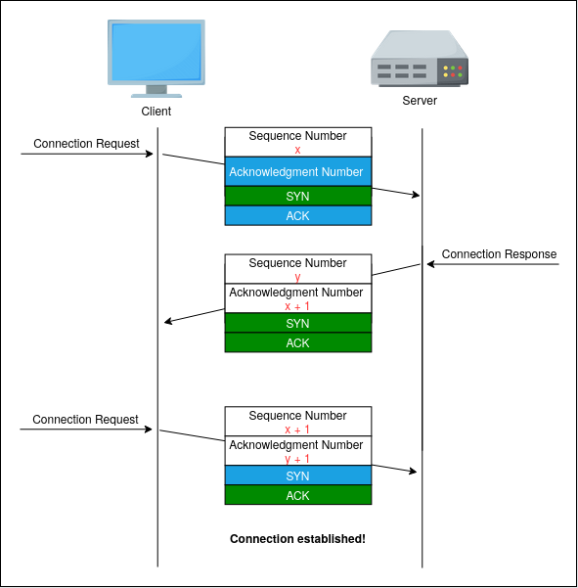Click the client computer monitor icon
pos(156,59)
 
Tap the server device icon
pos(420,59)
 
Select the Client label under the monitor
pos(156,111)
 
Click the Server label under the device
pos(420,101)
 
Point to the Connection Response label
pos(499,253)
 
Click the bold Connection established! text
pos(297,539)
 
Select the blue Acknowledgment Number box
pos(298,171)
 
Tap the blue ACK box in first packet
pos(298,215)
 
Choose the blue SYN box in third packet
pos(298,475)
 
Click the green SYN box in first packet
pos(298,196)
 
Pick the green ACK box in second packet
pos(298,342)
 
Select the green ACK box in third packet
pos(298,495)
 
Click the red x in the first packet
pos(297,150)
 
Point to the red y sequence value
pos(297,278)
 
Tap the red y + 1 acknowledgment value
pos(297,459)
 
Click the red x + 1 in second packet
pos(297,306)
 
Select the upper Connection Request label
pos(86,143)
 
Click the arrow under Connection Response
pos(493,264)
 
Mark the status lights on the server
pos(453,71)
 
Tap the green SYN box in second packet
pos(298,323)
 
